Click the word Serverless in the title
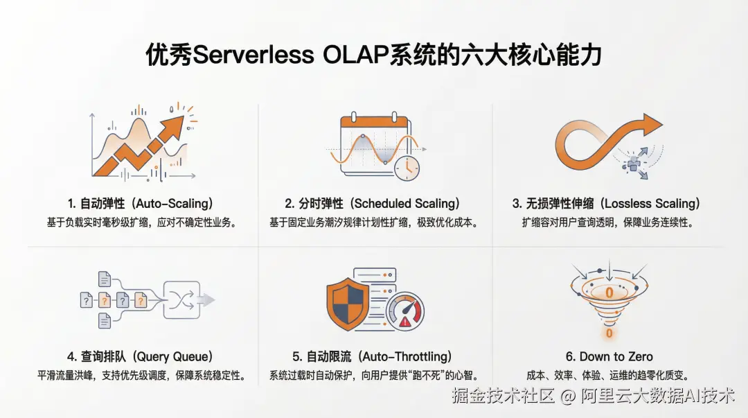[x=253, y=55]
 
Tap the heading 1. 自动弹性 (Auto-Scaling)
[x=140, y=204]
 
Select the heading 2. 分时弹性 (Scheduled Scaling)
[x=373, y=204]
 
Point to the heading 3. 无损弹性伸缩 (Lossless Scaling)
[x=606, y=204]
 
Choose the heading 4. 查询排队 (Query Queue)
[x=140, y=356]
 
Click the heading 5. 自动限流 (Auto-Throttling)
[x=372, y=356]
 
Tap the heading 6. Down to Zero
[x=609, y=356]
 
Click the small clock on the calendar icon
[x=407, y=168]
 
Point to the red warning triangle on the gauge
[x=405, y=322]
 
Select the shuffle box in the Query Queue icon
[x=181, y=300]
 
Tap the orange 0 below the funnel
[x=609, y=333]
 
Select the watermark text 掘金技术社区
[x=504, y=396]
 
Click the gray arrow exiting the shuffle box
[x=207, y=300]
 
